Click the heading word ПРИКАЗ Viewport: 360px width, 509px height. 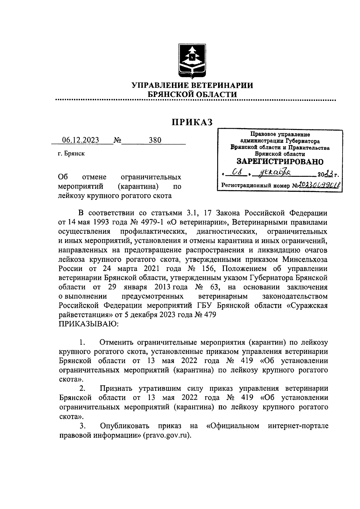tap(192, 122)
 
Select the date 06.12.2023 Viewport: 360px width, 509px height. tap(80, 140)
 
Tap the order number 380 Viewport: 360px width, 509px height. tap(155, 140)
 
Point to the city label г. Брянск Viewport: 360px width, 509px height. tap(71, 154)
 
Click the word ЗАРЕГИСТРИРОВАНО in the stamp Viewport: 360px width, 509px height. tap(280, 161)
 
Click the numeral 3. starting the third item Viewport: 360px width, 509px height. tap(83, 426)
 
